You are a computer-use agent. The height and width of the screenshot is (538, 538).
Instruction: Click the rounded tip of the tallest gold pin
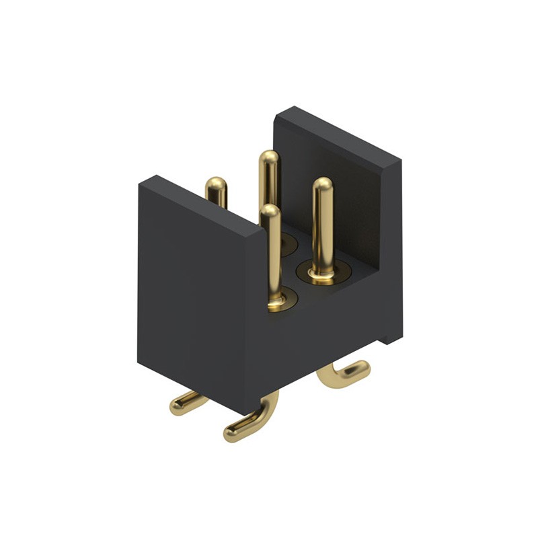[x=268, y=158]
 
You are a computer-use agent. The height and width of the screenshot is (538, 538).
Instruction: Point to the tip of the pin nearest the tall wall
[x=322, y=186]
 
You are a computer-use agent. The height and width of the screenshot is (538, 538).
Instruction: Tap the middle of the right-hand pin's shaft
[x=322, y=229]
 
